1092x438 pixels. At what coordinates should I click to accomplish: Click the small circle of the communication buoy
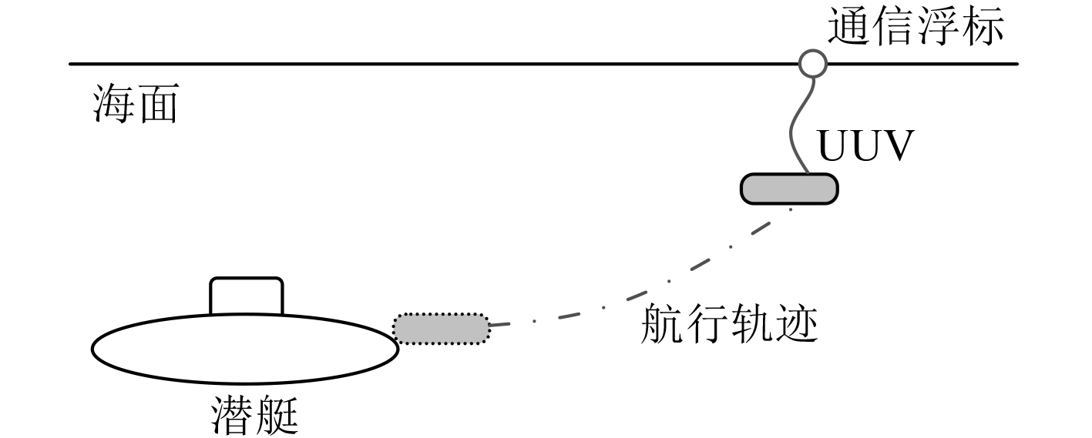coord(811,63)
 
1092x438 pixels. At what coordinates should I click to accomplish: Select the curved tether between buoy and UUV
coord(795,127)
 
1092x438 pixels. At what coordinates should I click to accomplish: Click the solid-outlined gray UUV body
coord(788,189)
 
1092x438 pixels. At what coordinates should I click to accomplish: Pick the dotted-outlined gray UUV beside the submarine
coord(441,329)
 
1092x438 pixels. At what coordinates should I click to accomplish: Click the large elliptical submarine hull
coord(245,348)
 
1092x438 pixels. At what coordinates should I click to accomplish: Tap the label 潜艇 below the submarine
coord(254,416)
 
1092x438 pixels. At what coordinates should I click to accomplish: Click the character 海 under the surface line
coord(113,105)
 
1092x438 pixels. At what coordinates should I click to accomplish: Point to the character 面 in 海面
coord(157,105)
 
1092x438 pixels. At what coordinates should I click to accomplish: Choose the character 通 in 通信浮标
coord(849,27)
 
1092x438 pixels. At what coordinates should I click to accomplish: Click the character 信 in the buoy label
coord(894,27)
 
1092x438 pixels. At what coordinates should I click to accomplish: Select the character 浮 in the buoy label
coord(939,27)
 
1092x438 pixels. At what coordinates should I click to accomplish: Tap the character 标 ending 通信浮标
coord(983,27)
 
